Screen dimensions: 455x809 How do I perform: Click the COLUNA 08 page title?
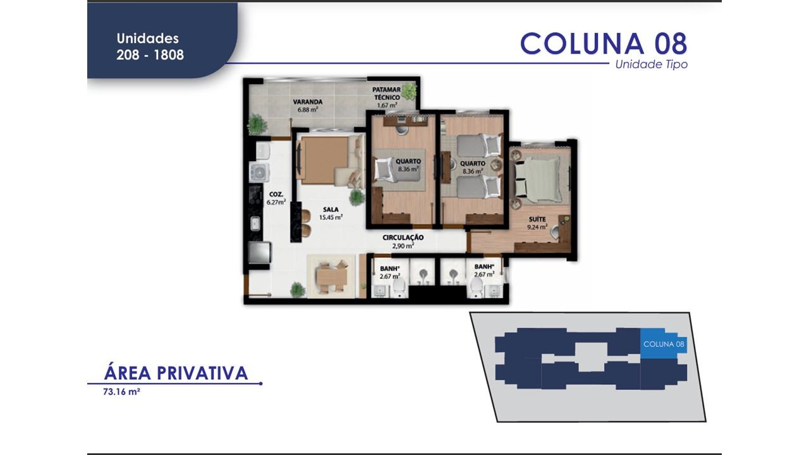(x=603, y=43)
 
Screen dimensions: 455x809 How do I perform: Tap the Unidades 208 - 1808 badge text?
(x=150, y=47)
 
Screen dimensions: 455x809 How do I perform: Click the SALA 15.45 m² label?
(x=331, y=213)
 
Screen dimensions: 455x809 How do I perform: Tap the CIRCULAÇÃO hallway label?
(x=403, y=241)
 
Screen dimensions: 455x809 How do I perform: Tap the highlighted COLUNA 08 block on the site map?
(x=663, y=344)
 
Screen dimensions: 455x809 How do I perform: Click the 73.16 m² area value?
(x=121, y=392)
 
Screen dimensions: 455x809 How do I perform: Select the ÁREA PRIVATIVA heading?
(x=176, y=373)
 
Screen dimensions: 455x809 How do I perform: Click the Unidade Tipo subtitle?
(x=651, y=64)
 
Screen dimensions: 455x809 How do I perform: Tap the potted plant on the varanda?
(x=256, y=123)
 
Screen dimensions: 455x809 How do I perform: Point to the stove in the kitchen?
(x=260, y=171)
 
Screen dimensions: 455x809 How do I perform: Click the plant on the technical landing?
(x=410, y=92)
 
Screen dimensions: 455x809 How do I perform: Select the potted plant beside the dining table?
(x=297, y=290)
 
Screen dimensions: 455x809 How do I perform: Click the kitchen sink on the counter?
(x=256, y=223)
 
